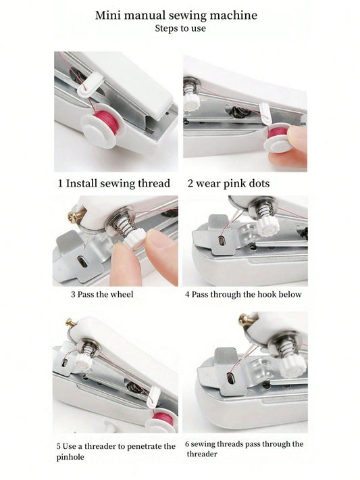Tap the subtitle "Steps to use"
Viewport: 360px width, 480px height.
coord(180,28)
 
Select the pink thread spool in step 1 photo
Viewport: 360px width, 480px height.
coord(105,120)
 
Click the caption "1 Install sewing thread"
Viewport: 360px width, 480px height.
coord(113,183)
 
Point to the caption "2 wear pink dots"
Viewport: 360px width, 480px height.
coord(228,183)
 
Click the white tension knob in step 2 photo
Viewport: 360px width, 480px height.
coord(191,103)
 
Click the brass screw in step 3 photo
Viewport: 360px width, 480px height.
coord(75,216)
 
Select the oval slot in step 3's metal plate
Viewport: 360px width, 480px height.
coord(82,262)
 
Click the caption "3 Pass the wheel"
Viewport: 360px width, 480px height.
coord(102,295)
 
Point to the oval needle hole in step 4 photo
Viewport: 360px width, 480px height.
coord(222,241)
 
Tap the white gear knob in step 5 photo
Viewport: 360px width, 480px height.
coord(84,362)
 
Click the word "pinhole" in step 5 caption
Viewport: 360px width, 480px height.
coord(70,457)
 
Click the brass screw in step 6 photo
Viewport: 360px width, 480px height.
coord(247,320)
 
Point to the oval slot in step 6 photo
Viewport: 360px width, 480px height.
coord(230,379)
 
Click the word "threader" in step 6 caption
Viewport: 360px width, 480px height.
coord(202,454)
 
